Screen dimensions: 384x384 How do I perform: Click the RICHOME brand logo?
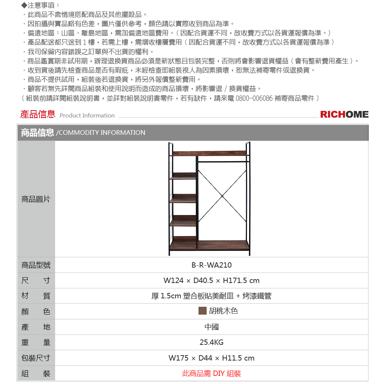pos(344,114)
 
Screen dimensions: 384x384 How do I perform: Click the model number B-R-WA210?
pos(212,265)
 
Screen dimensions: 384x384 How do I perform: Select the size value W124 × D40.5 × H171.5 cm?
pos(212,280)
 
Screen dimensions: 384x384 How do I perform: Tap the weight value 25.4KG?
pos(212,342)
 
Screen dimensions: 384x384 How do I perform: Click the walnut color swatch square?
pos(202,311)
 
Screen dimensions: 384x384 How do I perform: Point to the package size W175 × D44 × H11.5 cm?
pos(212,358)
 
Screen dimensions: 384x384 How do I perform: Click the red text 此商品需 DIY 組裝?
pos(212,373)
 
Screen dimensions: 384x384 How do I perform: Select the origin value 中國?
pos(212,327)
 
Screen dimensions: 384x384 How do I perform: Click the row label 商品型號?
pos(36,265)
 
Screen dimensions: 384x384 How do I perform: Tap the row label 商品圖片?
pos(36,199)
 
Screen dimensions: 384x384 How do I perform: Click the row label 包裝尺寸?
pos(36,358)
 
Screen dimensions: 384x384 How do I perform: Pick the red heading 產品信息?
pos(38,114)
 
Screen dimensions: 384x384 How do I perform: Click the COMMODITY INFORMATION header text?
pos(101,132)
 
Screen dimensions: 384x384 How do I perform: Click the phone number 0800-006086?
pos(254,98)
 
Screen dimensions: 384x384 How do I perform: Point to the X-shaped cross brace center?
pos(222,196)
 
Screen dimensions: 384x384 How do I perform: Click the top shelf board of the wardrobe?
pos(209,153)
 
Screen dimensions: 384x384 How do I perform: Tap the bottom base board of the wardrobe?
pos(209,245)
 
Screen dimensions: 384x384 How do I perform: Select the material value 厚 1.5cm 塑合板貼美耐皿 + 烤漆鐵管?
pos(212,296)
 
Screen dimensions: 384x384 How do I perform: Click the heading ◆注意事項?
pos(40,5)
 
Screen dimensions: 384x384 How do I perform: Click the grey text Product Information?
pos(87,115)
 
